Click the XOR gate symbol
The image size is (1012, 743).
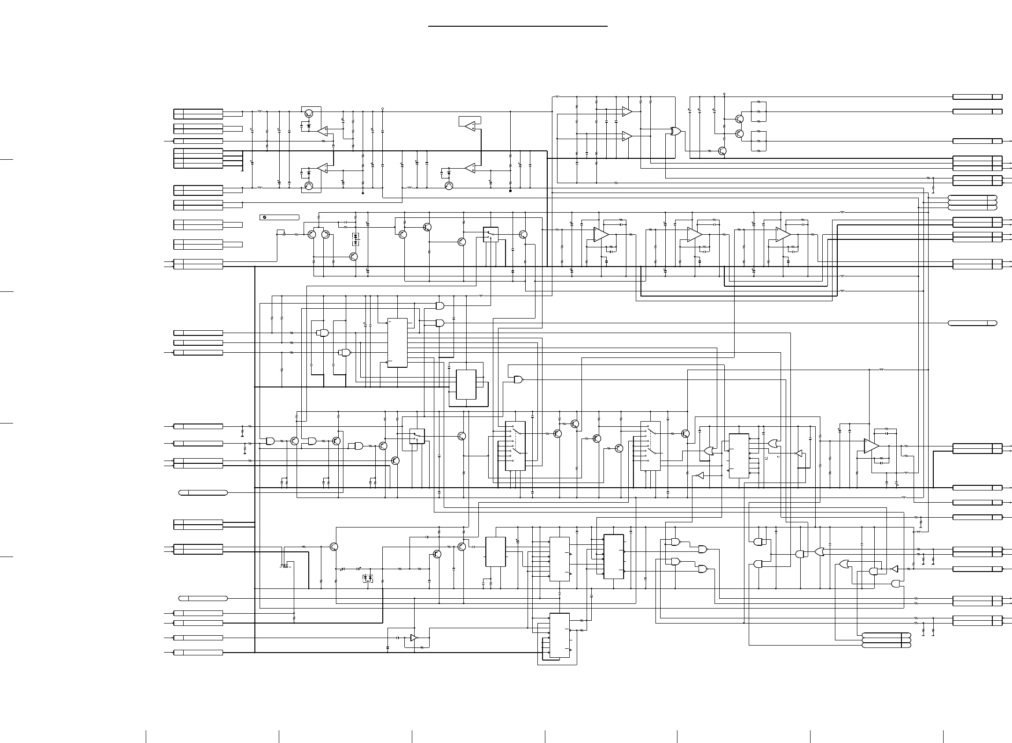click(x=676, y=132)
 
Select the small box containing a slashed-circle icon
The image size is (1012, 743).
click(x=279, y=217)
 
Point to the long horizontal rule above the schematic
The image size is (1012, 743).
click(x=518, y=26)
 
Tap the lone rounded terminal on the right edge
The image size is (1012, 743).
click(x=972, y=323)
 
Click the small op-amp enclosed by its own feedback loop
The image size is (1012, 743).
click(x=470, y=125)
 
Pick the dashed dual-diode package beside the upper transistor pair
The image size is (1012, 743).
click(x=355, y=239)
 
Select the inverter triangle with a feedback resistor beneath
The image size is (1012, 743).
click(x=413, y=638)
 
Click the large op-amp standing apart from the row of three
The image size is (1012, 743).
click(x=871, y=446)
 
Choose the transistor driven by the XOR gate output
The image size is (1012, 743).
click(x=722, y=151)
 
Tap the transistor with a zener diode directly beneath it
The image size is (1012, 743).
click(x=308, y=113)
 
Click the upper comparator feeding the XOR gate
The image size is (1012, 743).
click(x=626, y=111)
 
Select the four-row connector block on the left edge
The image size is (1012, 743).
click(x=198, y=158)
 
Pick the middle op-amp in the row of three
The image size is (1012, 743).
click(x=694, y=234)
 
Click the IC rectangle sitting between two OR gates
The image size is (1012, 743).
click(x=739, y=456)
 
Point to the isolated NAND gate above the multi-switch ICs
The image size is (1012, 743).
click(x=518, y=379)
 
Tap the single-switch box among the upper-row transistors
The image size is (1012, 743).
click(x=491, y=234)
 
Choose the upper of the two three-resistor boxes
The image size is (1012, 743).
click(x=758, y=111)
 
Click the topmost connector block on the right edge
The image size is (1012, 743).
click(x=977, y=97)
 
